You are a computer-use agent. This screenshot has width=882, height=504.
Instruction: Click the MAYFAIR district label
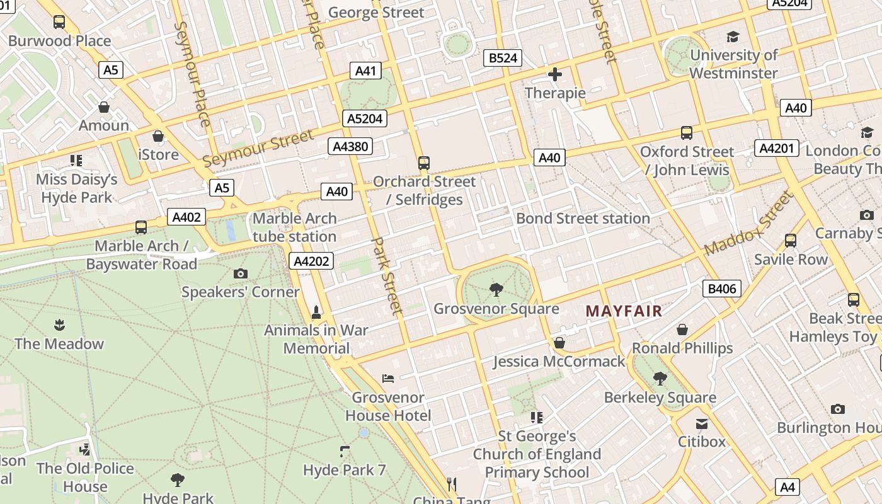[624, 311]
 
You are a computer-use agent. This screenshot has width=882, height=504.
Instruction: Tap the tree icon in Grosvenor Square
[496, 289]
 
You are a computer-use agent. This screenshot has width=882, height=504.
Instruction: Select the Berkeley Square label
[660, 398]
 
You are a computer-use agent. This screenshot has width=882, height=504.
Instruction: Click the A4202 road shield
[312, 261]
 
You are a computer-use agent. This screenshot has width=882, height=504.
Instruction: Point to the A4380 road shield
[351, 147]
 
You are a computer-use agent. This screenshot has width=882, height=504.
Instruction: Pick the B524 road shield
[503, 59]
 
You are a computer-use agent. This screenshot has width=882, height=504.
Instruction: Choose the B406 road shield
[722, 289]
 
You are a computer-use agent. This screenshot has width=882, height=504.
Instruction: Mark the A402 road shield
[186, 217]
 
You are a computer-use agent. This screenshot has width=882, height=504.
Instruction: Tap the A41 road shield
[365, 71]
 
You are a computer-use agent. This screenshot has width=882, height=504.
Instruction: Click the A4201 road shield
[777, 148]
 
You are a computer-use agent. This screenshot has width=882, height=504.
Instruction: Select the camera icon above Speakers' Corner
[240, 273]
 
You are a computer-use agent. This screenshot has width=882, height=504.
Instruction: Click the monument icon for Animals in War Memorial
[316, 311]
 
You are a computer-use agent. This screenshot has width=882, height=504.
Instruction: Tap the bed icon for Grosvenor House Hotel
[388, 379]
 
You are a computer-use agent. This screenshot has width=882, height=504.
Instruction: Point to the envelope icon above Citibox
[702, 423]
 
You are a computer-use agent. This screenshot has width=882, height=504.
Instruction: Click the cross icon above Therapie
[555, 75]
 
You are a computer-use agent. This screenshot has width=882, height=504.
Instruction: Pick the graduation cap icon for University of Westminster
[733, 37]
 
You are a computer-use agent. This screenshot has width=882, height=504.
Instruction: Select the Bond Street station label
[583, 219]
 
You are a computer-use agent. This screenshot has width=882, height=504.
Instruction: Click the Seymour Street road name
[258, 149]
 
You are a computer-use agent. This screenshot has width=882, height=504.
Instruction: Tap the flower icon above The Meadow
[59, 325]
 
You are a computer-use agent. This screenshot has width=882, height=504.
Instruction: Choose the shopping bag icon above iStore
[158, 136]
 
